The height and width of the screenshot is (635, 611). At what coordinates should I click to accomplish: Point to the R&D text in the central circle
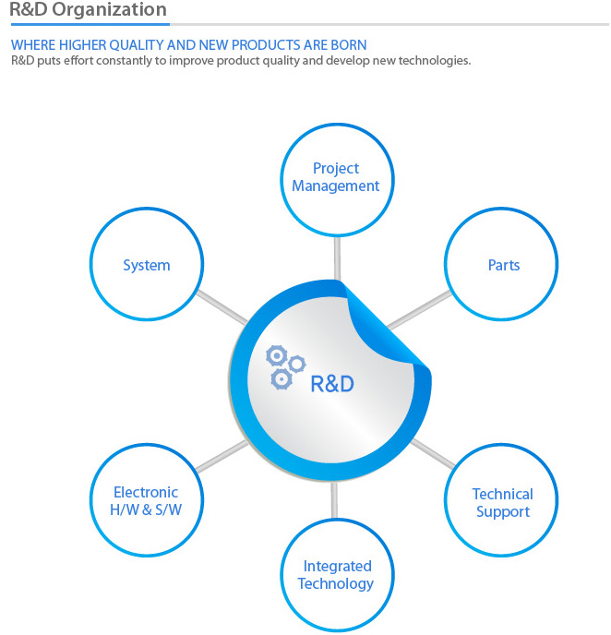(332, 384)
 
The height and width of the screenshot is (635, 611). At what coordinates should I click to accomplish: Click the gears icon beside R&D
(285, 367)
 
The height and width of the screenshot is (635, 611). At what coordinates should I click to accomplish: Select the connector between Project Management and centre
(337, 258)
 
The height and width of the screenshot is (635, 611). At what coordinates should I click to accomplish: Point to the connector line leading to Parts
(419, 309)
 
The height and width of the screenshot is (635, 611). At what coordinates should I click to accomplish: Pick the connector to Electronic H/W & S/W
(222, 456)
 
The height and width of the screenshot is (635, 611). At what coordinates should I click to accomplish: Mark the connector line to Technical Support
(433, 453)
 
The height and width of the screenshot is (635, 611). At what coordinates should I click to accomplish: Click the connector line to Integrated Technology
(334, 500)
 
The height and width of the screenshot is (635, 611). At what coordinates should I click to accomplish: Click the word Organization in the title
(109, 10)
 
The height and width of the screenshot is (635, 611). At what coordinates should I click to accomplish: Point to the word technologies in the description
(434, 61)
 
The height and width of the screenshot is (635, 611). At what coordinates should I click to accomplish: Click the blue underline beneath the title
(90, 24)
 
